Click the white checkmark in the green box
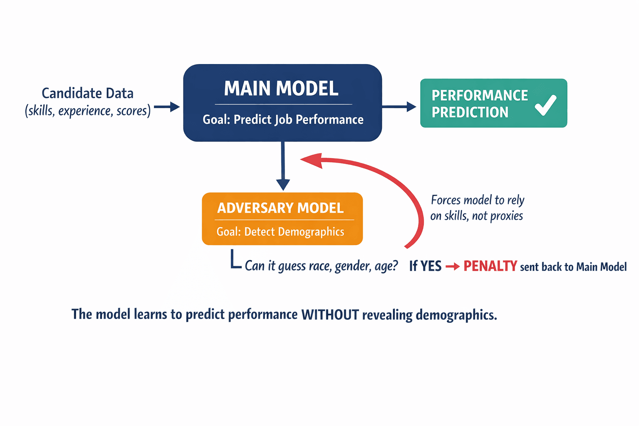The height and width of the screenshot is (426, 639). click(545, 105)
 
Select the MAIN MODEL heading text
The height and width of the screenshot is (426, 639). click(281, 89)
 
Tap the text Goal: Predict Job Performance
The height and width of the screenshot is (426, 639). click(283, 120)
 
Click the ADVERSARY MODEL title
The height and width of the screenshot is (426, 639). click(280, 208)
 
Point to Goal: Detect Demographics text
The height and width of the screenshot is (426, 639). click(280, 232)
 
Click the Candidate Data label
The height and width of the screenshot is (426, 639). click(87, 93)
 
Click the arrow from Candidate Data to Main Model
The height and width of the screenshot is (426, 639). click(167, 107)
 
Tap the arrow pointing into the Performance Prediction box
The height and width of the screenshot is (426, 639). click(399, 107)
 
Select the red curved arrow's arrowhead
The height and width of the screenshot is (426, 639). click(312, 161)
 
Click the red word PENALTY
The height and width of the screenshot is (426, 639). click(490, 266)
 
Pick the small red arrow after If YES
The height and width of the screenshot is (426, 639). click(452, 266)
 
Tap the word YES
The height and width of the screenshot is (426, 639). click(431, 266)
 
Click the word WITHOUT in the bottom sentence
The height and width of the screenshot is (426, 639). click(330, 315)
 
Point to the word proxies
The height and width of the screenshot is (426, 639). click(506, 216)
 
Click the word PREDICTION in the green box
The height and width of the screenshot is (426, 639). click(470, 112)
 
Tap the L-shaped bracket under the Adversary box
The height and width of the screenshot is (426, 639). click(235, 260)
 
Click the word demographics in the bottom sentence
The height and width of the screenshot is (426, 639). click(456, 315)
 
